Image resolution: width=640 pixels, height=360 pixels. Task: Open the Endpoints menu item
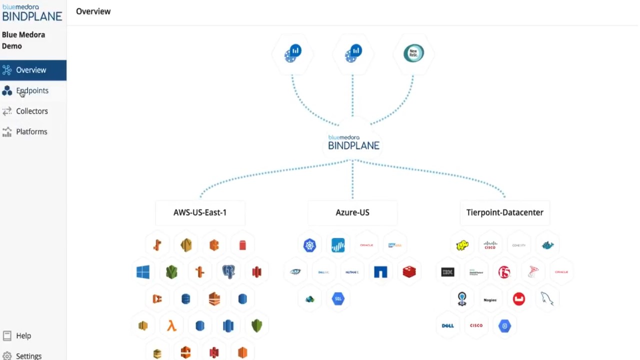[32, 90]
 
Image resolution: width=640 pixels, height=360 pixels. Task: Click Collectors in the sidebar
[31, 111]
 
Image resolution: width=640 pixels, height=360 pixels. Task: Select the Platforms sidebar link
[31, 131]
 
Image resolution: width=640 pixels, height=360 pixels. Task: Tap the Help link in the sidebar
[23, 335]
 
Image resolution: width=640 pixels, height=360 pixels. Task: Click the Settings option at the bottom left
[28, 355]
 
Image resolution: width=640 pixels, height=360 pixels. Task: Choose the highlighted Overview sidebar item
[31, 70]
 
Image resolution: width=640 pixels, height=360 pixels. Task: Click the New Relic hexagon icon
[413, 53]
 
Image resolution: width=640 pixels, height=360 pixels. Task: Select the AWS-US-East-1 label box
[200, 212]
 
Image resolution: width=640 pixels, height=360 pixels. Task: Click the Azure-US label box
[352, 212]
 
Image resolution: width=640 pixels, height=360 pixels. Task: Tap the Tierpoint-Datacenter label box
[504, 212]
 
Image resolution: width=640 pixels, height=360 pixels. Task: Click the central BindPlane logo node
[353, 142]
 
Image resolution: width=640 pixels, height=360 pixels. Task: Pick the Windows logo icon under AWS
[143, 272]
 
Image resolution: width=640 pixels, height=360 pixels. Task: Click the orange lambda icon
[171, 326]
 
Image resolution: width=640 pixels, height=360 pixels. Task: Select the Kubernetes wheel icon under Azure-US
[310, 245]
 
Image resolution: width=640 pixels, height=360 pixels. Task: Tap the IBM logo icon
[448, 272]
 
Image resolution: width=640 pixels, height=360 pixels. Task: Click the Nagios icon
[490, 299]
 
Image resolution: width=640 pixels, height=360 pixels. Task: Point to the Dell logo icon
[448, 326]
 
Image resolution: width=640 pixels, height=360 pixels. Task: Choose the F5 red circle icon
[504, 272]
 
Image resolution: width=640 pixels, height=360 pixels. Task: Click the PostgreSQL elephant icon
[228, 272]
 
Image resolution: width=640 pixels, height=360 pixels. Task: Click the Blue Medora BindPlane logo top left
[32, 12]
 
